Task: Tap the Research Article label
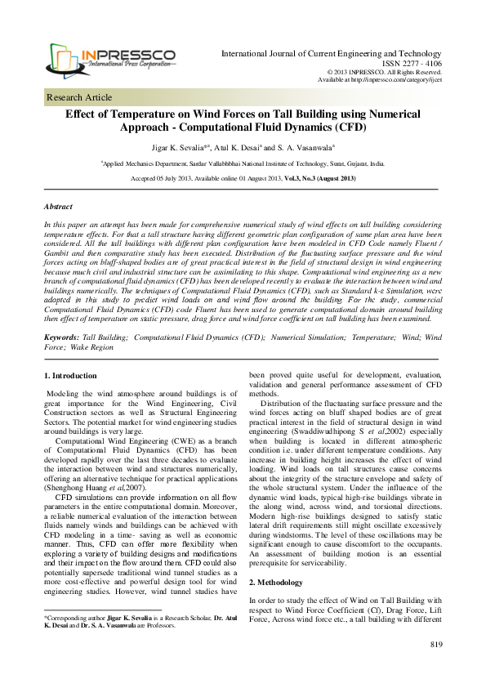pos(79,96)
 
